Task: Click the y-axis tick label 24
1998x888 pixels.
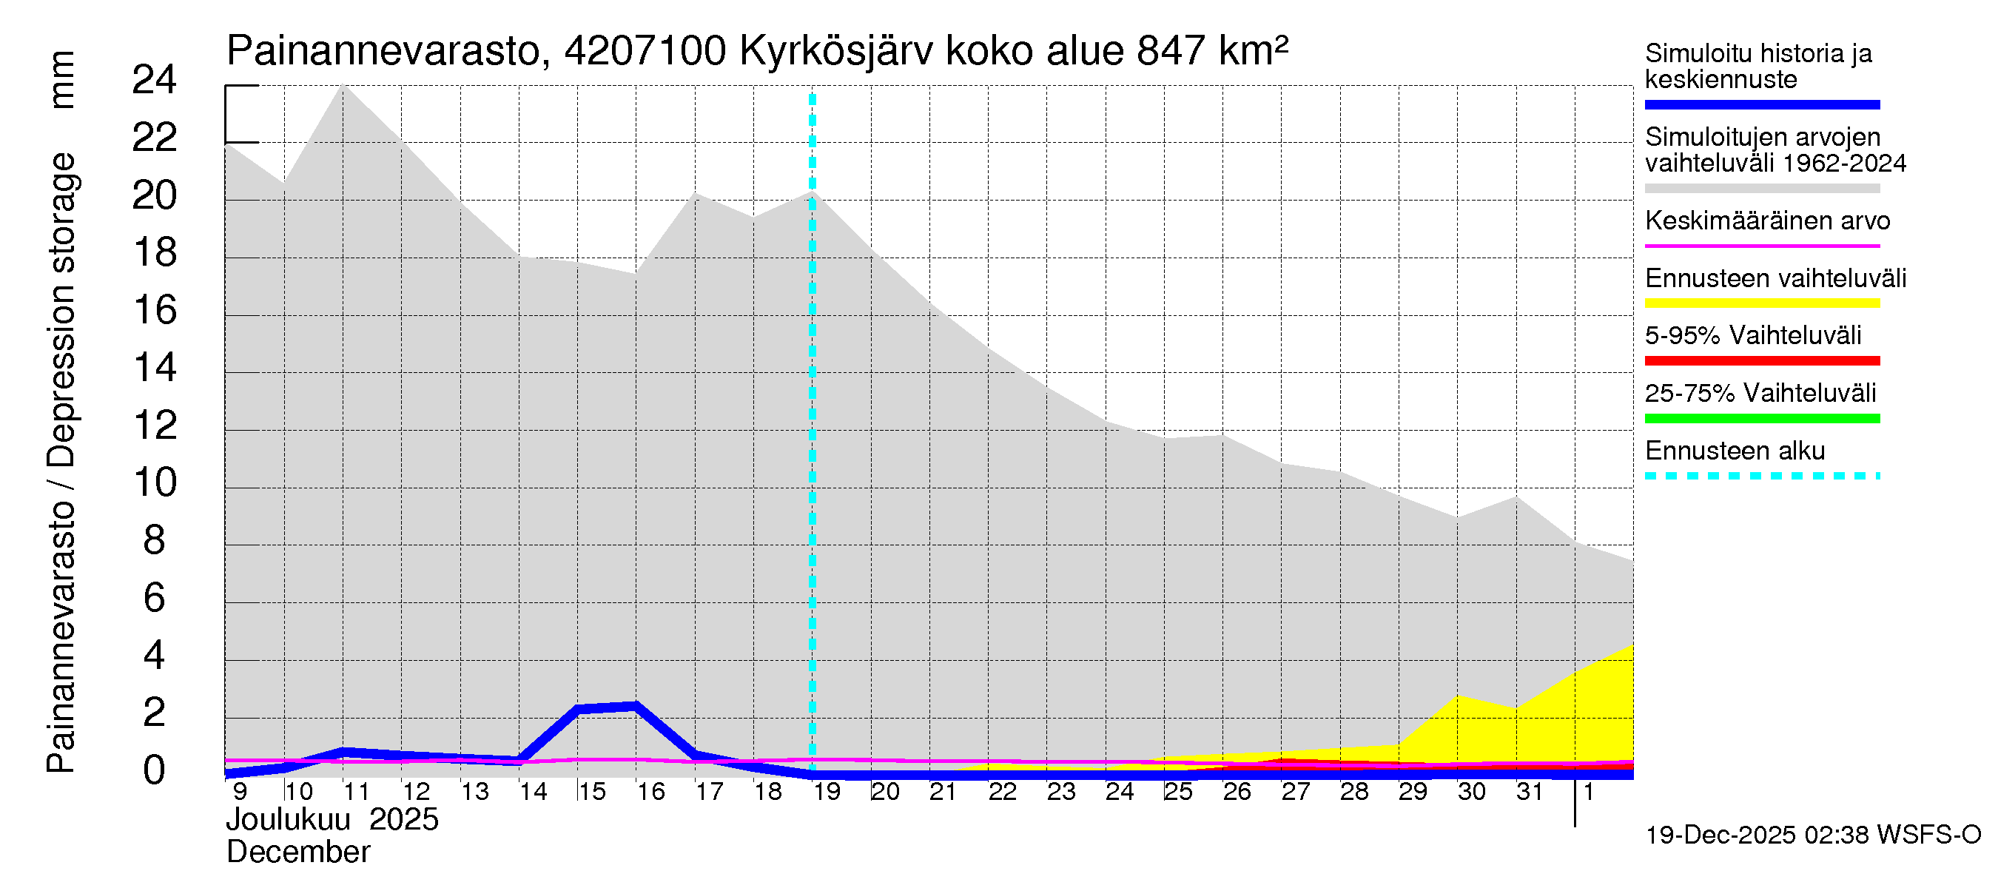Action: (x=155, y=80)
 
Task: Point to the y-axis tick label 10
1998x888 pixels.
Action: (x=155, y=482)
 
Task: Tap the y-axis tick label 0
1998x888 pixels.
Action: (x=155, y=770)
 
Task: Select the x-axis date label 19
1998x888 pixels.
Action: (x=827, y=792)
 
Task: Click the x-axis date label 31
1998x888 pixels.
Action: (x=1530, y=792)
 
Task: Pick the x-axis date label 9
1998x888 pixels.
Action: (x=240, y=792)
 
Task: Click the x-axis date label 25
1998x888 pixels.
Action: (x=1178, y=792)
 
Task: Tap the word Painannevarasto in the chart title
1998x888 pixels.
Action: (x=383, y=51)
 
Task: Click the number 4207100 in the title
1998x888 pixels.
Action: (x=645, y=51)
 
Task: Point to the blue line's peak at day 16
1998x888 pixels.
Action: (x=636, y=706)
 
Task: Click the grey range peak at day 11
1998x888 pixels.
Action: (x=343, y=85)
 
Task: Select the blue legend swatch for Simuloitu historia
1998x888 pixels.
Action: (x=1762, y=104)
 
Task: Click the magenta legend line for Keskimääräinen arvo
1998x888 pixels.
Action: (x=1762, y=246)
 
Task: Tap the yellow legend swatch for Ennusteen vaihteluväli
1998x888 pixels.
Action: (x=1762, y=303)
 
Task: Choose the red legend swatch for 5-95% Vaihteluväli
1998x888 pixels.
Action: (x=1762, y=360)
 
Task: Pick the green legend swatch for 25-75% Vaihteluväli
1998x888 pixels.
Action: (x=1762, y=419)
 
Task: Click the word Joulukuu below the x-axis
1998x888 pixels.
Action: (x=288, y=820)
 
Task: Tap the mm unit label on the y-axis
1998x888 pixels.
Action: (x=61, y=80)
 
